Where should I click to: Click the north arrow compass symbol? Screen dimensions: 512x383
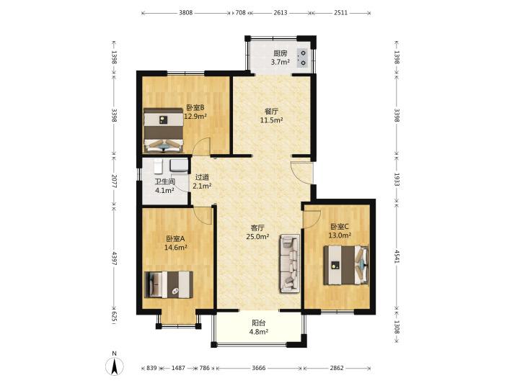point(115,366)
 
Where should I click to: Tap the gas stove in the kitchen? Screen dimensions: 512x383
point(303,58)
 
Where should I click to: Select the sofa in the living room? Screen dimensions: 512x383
point(289,263)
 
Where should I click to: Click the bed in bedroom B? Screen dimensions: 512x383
point(164,130)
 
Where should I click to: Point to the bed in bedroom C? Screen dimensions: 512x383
point(346,266)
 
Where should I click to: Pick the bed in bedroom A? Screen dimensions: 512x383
point(169,284)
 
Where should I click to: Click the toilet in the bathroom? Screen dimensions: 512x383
point(159,166)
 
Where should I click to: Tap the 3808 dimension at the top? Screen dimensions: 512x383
point(186,13)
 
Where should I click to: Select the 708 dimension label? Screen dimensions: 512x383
point(240,13)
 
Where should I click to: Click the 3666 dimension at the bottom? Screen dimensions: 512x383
point(259,368)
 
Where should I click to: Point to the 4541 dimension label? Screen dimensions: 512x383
point(397,256)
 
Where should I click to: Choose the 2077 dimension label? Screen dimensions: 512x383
point(114,181)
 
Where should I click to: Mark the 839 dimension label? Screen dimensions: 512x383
point(151,368)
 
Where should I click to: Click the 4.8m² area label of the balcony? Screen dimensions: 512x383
point(259,332)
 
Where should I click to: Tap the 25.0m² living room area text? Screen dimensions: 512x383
point(257,237)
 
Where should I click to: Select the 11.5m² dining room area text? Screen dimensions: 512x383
point(271,120)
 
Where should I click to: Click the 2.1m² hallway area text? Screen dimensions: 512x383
point(202,186)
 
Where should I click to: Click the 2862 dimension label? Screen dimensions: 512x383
point(337,368)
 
